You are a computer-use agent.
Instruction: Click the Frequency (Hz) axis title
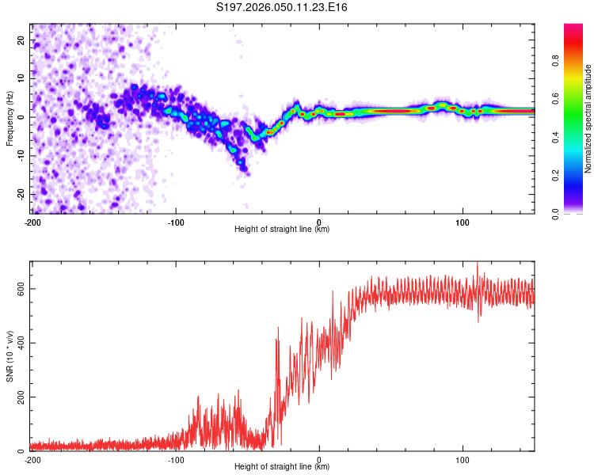pyautogui.click(x=10, y=118)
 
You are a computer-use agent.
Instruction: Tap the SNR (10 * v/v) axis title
pyautogui.click(x=10, y=355)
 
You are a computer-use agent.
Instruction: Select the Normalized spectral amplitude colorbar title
pyautogui.click(x=588, y=118)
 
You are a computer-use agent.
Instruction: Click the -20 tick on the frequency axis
pyautogui.click(x=21, y=195)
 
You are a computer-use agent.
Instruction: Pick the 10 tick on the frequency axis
pyautogui.click(x=22, y=78)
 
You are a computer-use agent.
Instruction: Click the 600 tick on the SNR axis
pyautogui.click(x=19, y=289)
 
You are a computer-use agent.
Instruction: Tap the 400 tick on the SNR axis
pyautogui.click(x=19, y=343)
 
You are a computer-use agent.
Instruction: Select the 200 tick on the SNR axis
pyautogui.click(x=19, y=397)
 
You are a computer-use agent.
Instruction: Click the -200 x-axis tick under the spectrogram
pyautogui.click(x=32, y=221)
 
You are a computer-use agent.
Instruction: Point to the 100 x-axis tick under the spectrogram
pyautogui.click(x=463, y=221)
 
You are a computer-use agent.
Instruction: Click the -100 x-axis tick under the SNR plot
pyautogui.click(x=176, y=459)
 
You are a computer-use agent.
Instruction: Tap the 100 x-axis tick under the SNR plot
pyautogui.click(x=463, y=459)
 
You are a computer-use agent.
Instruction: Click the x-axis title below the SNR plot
pyautogui.click(x=283, y=467)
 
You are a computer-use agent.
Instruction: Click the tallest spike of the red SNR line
pyautogui.click(x=477, y=264)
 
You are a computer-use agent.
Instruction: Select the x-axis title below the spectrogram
pyautogui.click(x=283, y=229)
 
